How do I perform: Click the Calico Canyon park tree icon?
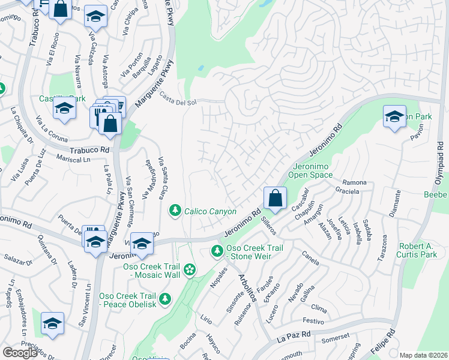[175, 211]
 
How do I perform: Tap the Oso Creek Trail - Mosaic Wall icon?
[190, 270]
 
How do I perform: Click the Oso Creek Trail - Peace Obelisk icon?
[164, 298]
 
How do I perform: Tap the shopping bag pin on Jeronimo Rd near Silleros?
[275, 198]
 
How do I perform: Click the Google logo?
[20, 353]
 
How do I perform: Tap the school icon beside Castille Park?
[64, 109]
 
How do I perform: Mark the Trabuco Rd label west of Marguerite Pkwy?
[89, 150]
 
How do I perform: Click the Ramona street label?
[354, 182]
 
